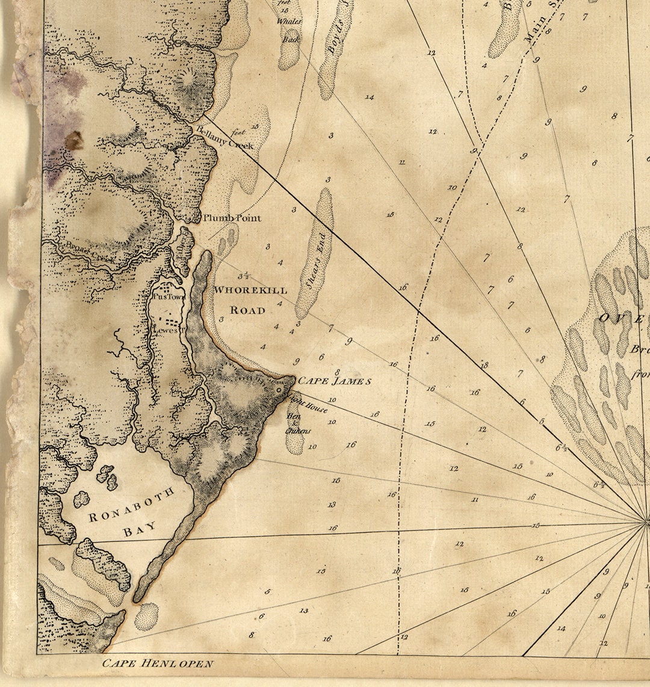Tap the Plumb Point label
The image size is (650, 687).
coord(232,218)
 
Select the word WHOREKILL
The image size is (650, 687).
coord(250,290)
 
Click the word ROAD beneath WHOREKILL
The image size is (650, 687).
coord(247,310)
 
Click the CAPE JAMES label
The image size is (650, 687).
coord(335,381)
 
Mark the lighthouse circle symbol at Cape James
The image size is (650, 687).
coord(279,390)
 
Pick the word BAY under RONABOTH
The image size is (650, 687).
coord(139,528)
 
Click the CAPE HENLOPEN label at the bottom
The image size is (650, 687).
coord(157,664)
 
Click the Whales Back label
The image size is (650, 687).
coord(289,30)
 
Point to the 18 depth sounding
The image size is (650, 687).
coord(484,365)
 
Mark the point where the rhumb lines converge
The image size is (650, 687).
coord(648,522)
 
